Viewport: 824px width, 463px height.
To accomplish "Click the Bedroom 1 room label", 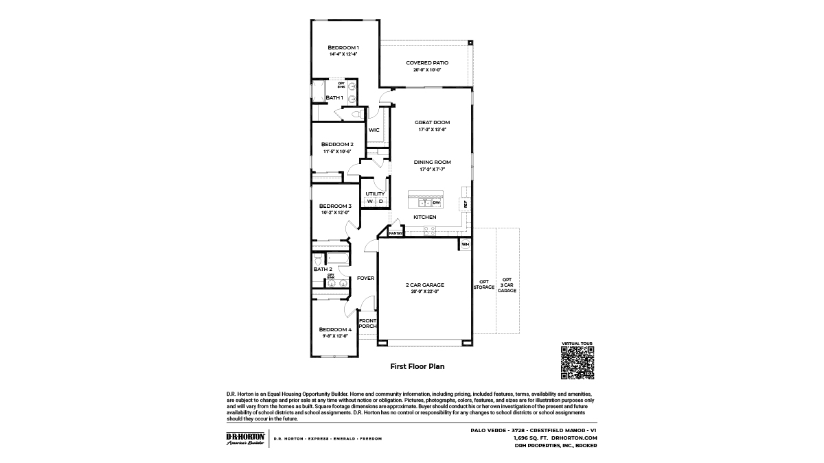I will click(x=343, y=47).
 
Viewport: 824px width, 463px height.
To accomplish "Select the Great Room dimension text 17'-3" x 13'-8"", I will click(x=432, y=129).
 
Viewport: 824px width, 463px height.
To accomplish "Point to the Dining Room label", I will click(x=432, y=162).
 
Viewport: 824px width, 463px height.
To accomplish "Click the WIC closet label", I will click(x=374, y=130).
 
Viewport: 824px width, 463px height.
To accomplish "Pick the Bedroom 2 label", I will click(x=337, y=144).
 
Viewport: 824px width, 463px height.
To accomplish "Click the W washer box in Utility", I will click(x=369, y=202).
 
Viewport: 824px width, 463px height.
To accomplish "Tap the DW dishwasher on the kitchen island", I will click(x=436, y=203).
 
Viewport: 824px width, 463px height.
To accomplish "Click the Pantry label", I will click(x=396, y=233).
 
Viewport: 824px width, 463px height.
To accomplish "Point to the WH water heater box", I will click(x=465, y=244).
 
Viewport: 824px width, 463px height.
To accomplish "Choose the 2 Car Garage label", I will click(x=424, y=285).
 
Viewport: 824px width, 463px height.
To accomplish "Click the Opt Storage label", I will click(x=484, y=285).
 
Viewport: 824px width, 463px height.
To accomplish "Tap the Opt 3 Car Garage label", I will click(x=507, y=285).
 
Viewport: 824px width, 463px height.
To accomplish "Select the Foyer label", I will click(x=365, y=278).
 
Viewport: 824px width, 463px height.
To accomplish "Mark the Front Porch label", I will click(x=368, y=323).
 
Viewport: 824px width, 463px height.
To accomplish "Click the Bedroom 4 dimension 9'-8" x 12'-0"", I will click(x=335, y=336).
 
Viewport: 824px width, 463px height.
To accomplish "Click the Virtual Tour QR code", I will click(x=577, y=362).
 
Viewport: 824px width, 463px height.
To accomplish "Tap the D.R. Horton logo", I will click(x=245, y=439).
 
